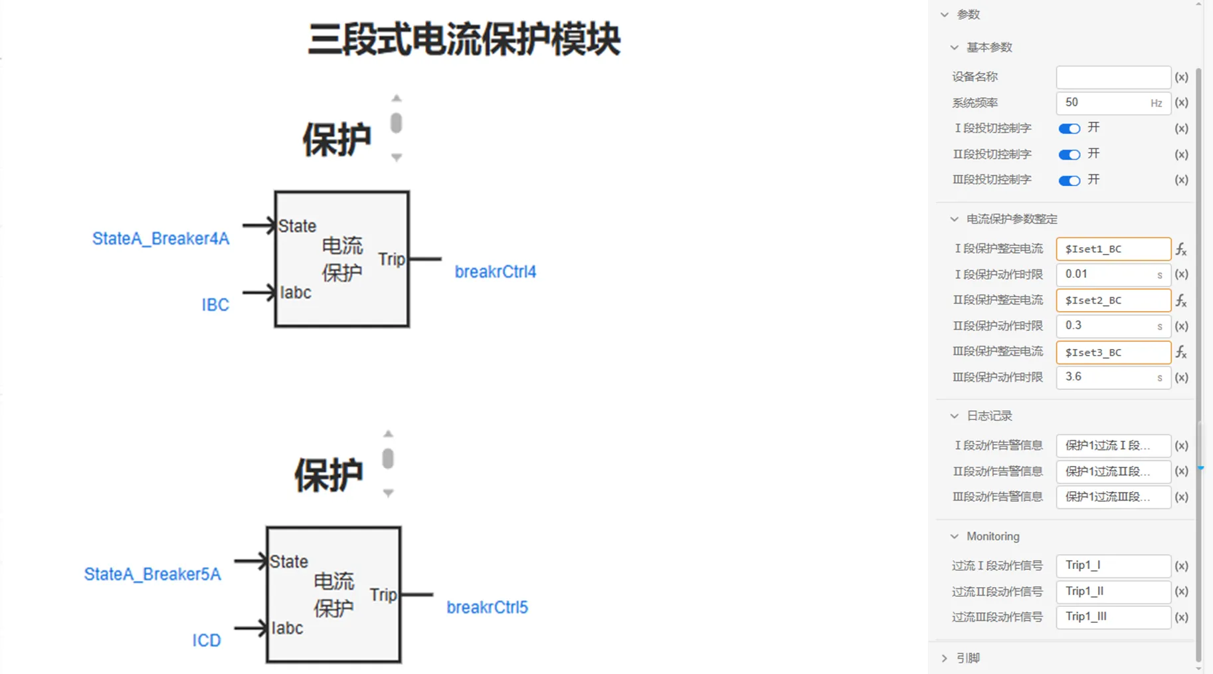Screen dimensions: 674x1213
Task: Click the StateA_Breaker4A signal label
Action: [161, 239]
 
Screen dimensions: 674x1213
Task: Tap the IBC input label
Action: [215, 304]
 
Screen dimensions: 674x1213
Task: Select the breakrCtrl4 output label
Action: [495, 272]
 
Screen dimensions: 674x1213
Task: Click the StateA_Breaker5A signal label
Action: [152, 574]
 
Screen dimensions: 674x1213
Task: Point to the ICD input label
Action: [207, 640]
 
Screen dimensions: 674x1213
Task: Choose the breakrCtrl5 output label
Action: [487, 608]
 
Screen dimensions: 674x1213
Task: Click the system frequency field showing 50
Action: [1105, 103]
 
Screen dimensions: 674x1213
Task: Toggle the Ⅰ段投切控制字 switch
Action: [1069, 128]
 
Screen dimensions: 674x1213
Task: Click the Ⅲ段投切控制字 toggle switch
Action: [1069, 180]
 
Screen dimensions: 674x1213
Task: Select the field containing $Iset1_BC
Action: [1113, 249]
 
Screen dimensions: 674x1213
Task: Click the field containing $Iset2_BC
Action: [1113, 300]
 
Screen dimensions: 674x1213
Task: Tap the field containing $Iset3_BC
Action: [1113, 352]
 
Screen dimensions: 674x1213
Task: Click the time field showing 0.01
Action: [1105, 275]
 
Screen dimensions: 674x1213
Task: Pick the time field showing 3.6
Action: [1105, 378]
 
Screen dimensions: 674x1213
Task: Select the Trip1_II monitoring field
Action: [1113, 592]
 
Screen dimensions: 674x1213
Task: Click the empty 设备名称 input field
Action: [1113, 77]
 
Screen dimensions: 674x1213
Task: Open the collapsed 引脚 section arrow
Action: [945, 658]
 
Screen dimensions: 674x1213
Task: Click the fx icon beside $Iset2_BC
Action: [1181, 301]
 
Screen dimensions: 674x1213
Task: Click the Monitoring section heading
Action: [992, 536]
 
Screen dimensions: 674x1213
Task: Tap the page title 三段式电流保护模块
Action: [464, 39]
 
